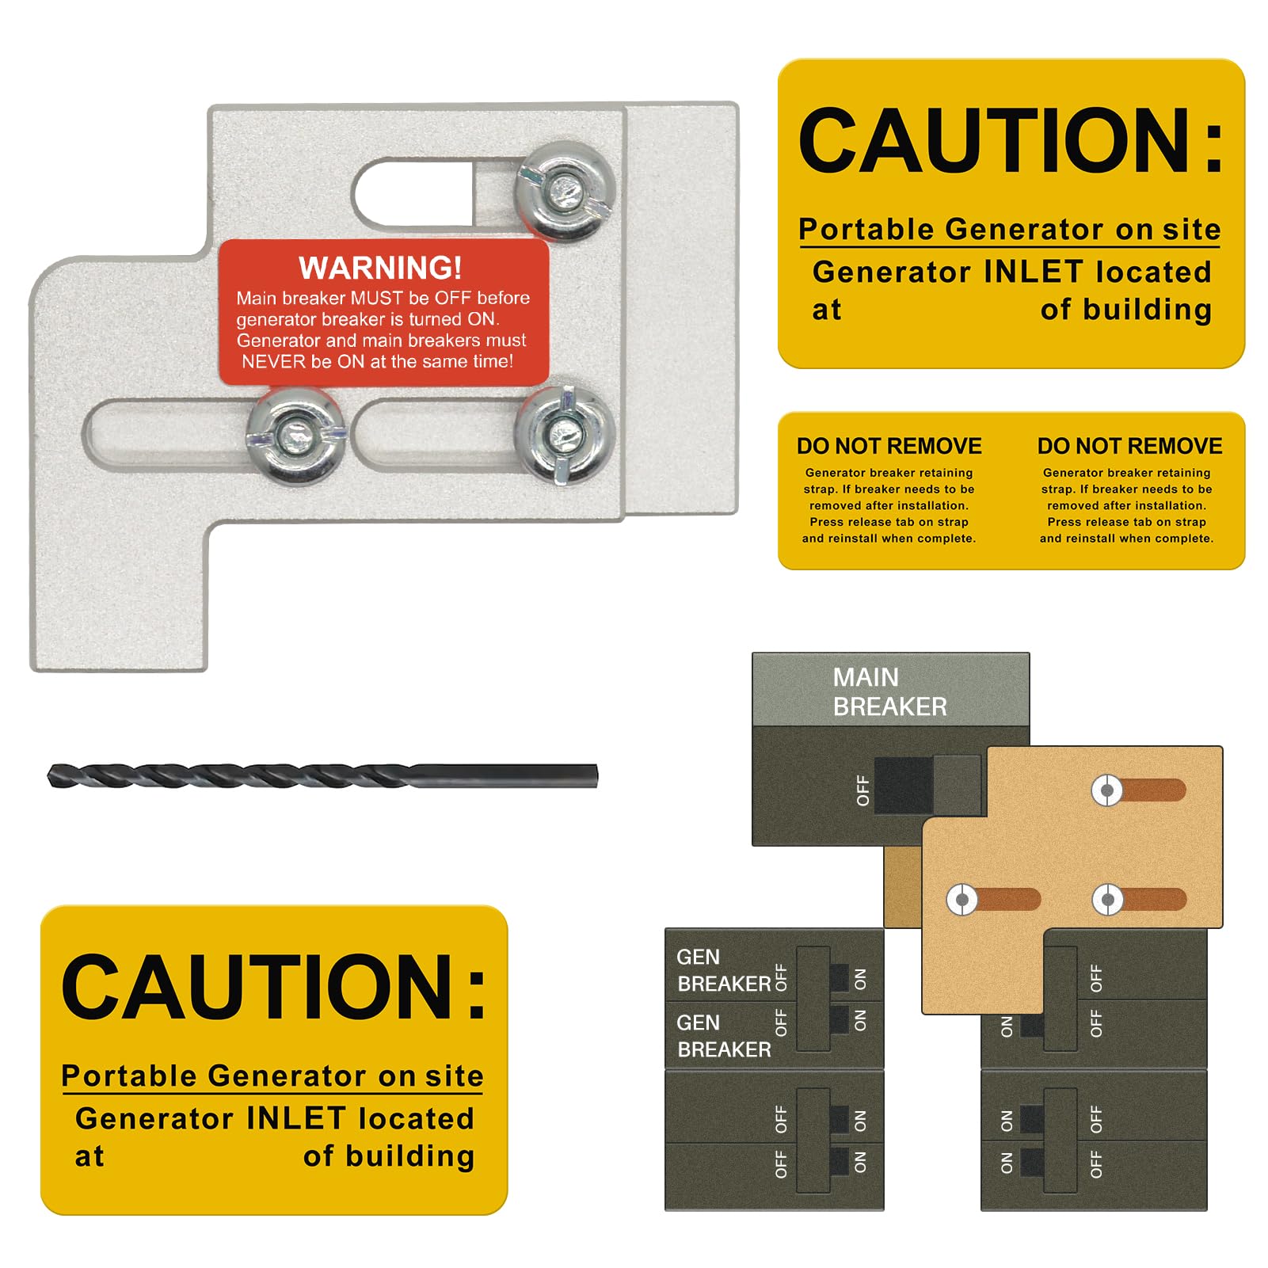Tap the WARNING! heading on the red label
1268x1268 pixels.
[380, 268]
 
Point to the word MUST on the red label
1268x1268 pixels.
[375, 299]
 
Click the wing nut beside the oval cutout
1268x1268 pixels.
[565, 190]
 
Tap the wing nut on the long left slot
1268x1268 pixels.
[296, 435]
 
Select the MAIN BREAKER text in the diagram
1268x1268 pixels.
[889, 691]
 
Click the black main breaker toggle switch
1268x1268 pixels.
[903, 786]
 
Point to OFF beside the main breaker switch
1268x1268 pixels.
[863, 790]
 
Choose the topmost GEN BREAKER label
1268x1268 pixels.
[723, 970]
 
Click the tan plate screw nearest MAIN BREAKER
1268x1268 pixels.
[1107, 790]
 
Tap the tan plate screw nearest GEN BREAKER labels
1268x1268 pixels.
[961, 900]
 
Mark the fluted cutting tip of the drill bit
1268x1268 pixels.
[59, 776]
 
